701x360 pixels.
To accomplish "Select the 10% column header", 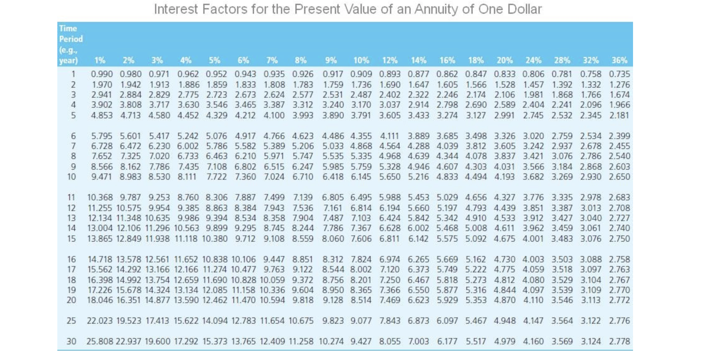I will click(x=361, y=60).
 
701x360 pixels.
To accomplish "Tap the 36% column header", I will click(x=619, y=60).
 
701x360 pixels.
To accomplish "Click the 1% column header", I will click(x=100, y=60).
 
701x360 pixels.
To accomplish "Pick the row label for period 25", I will click(x=71, y=321).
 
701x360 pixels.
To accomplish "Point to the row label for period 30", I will click(x=71, y=341).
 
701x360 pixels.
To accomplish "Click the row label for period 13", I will click(x=71, y=218).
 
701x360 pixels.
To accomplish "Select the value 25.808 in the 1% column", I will click(x=100, y=341).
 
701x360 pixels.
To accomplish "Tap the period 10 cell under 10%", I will click(x=361, y=177).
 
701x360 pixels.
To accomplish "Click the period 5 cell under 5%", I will click(x=216, y=115).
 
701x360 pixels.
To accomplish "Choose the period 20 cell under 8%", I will click(x=303, y=300).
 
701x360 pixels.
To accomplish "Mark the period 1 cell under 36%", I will click(x=619, y=74).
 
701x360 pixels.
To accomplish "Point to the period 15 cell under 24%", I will click(x=533, y=239).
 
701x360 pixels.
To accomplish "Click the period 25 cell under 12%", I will click(x=390, y=321).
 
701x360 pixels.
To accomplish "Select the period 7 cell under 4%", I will click(x=188, y=146).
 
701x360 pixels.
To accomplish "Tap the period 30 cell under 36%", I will click(x=619, y=341).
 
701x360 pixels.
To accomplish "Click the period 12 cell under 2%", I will click(x=128, y=208).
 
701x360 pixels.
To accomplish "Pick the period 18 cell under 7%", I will click(x=272, y=280).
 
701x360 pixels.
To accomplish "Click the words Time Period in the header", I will click(x=71, y=33).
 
